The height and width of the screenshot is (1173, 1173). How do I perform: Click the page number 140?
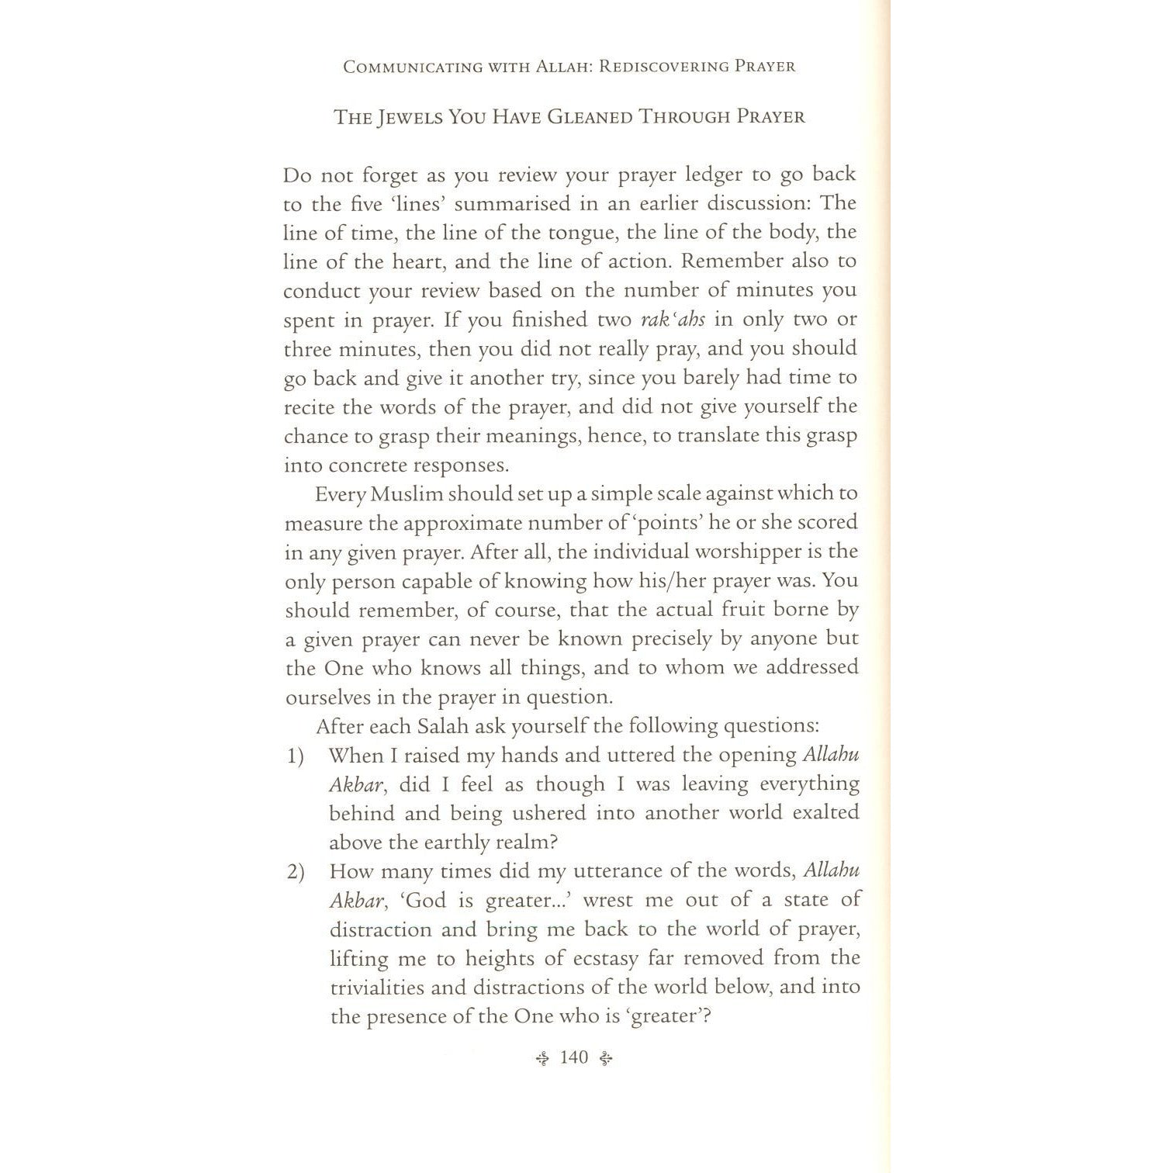click(574, 1057)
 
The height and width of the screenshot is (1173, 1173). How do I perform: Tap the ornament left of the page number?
click(543, 1057)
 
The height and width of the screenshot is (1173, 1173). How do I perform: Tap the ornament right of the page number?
click(607, 1057)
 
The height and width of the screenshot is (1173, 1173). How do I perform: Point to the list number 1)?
click(295, 756)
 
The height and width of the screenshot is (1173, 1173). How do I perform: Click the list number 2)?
click(295, 872)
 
